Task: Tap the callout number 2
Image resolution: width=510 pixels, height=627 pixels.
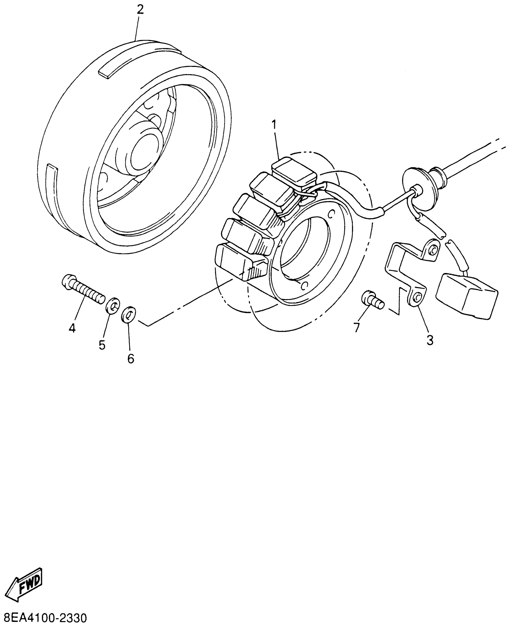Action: coord(140,10)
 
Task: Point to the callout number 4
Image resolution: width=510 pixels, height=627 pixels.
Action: coord(72,328)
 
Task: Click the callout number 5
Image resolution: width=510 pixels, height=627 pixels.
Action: coord(102,345)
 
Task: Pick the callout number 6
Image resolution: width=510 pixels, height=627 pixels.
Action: coord(130,358)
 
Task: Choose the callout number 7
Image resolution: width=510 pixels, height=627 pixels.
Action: coord(356,328)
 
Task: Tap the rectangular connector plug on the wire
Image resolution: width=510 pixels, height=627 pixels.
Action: coord(467,295)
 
